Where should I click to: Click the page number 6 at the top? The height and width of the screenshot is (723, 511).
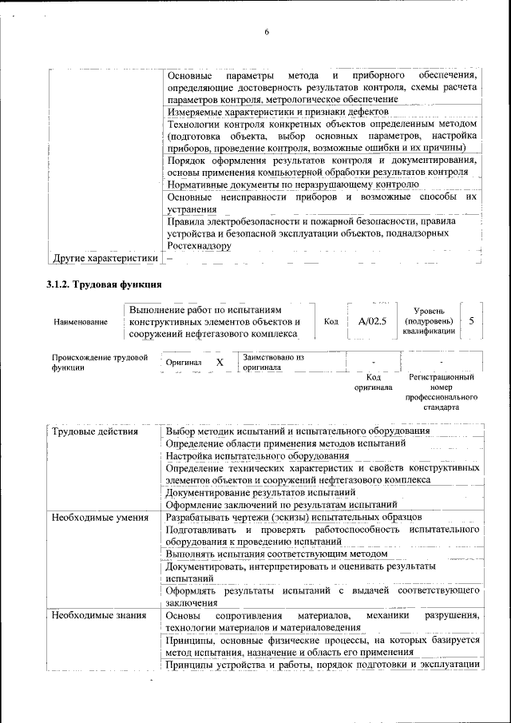point(267,32)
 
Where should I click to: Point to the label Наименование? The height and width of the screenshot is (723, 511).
point(81,322)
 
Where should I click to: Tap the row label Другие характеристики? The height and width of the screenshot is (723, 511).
point(105,258)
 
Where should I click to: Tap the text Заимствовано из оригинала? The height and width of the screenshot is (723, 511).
point(274,363)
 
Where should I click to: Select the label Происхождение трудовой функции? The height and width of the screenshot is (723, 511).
point(100,363)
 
